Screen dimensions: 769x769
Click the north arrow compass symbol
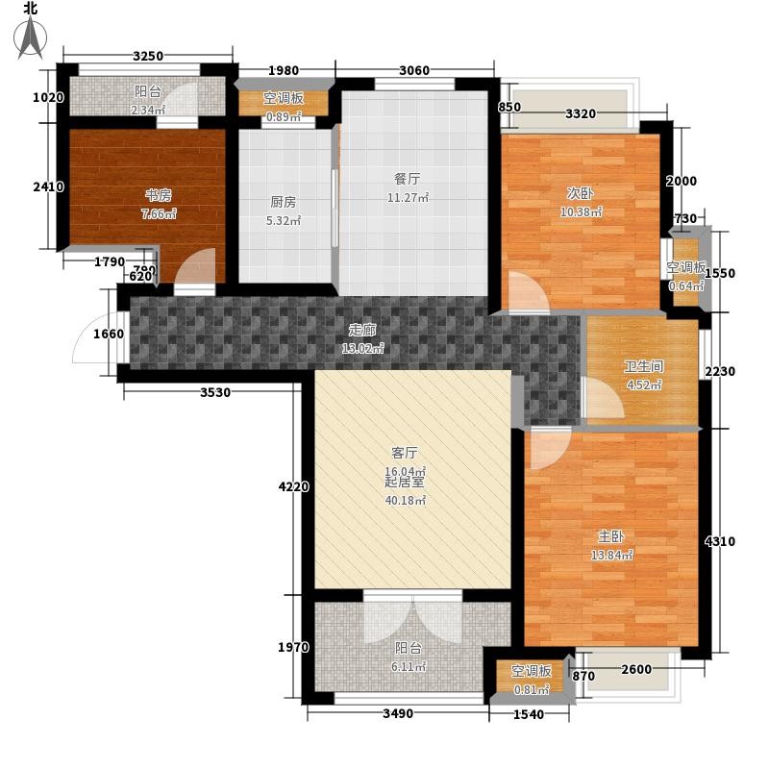31,37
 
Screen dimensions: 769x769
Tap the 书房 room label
159,196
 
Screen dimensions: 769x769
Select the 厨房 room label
283,202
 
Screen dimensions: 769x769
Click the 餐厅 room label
407,179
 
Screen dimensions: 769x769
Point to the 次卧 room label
581,193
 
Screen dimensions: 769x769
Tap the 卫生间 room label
643,366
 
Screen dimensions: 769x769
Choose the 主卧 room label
611,536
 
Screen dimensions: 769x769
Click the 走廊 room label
362,330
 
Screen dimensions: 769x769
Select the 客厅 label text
404,452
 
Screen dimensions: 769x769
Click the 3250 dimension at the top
148,56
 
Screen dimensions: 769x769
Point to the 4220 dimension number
294,486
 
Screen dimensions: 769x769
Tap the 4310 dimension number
719,541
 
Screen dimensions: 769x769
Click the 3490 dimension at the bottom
398,713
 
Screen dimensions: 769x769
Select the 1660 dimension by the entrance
109,334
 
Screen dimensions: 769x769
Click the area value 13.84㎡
611,556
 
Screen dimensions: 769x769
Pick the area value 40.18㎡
405,501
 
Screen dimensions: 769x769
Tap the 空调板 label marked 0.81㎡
532,670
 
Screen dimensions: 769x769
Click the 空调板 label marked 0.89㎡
283,98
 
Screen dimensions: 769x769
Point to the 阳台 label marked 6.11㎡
408,648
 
